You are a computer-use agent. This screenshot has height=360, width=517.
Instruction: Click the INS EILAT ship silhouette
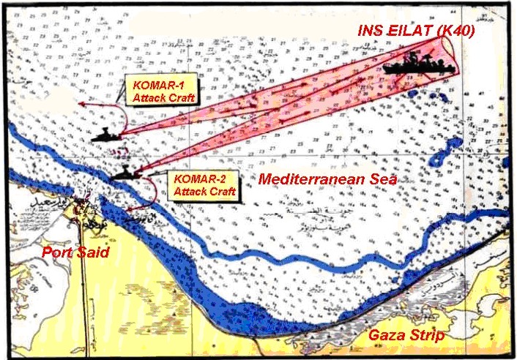pos(418,65)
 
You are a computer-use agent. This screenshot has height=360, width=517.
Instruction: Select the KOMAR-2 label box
pos(205,186)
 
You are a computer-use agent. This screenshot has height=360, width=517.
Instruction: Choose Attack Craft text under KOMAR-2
pos(204,192)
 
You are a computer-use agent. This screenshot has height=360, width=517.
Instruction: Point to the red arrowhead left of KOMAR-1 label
pos(81,106)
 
